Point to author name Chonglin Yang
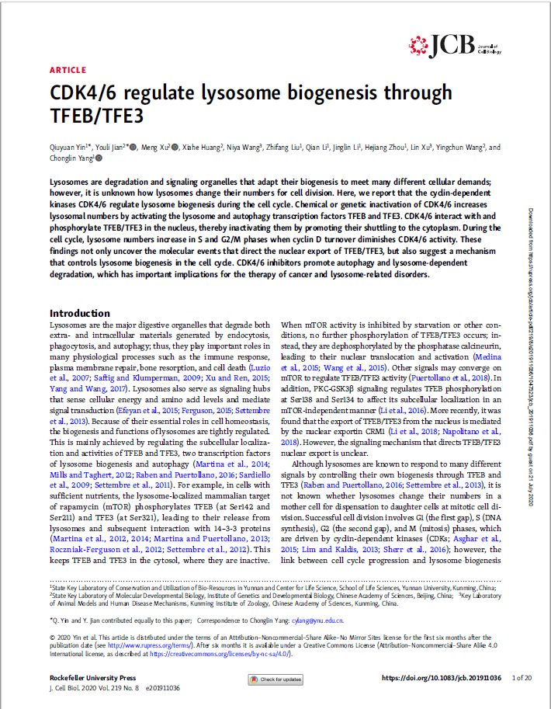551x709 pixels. click(70, 158)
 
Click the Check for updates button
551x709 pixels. click(275, 679)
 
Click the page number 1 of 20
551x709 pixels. click(522, 678)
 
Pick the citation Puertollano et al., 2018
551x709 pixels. click(460, 376)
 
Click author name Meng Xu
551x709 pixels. click(156, 147)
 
